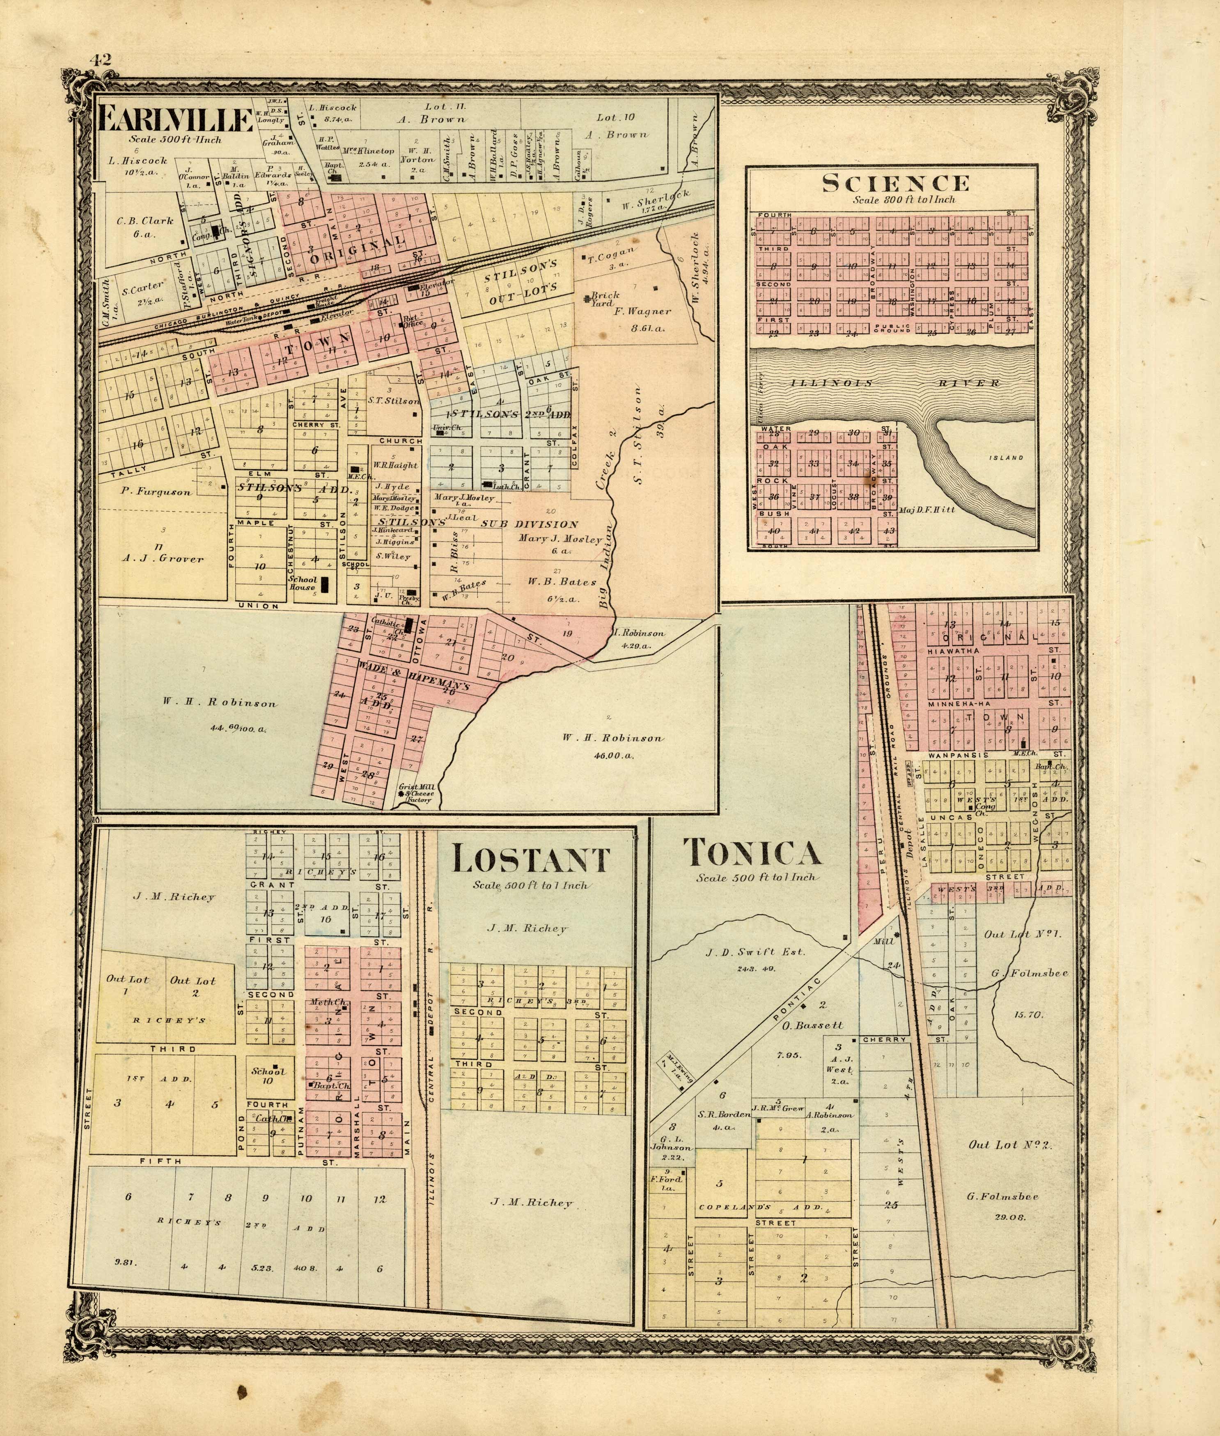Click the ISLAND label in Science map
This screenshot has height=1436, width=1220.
[x=1006, y=457]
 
